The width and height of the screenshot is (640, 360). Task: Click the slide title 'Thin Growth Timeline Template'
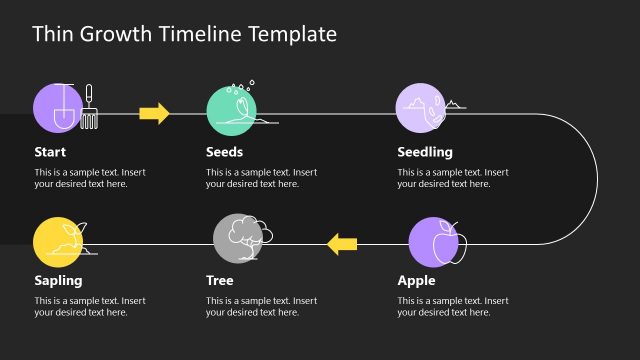point(184,35)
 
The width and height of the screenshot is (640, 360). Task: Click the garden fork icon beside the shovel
point(88,107)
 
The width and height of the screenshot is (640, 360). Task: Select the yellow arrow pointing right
point(154,112)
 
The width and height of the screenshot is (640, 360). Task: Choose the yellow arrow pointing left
point(342,242)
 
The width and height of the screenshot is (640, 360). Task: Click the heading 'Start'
point(50,152)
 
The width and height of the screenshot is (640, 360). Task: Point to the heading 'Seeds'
point(224,152)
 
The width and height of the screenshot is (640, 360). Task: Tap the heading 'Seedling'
point(425,152)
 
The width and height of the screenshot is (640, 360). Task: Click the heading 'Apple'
point(416,280)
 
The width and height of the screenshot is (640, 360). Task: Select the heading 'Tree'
point(219,280)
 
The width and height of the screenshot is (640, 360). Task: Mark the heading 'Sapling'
point(58,280)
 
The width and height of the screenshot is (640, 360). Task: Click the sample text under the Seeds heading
point(261,178)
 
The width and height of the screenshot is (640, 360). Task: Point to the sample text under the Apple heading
point(452,306)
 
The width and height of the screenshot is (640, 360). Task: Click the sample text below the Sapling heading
point(90,306)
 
